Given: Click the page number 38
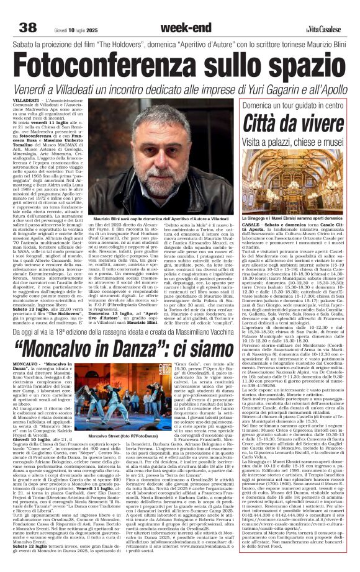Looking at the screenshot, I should [x=28, y=27].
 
